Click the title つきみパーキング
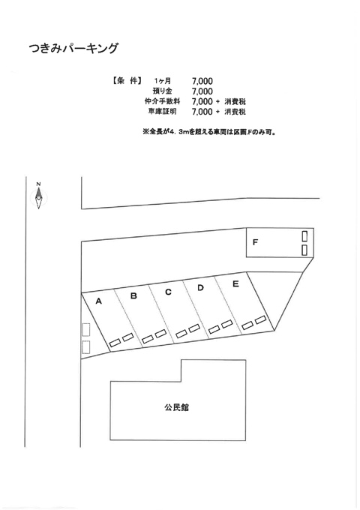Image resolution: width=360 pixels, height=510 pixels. pyautogui.click(x=73, y=48)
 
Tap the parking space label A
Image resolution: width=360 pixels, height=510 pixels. pyautogui.click(x=98, y=301)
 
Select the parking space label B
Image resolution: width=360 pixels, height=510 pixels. pyautogui.click(x=133, y=296)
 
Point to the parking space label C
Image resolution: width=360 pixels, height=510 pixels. pyautogui.click(x=168, y=292)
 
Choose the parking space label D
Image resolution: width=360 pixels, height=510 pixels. pyautogui.click(x=201, y=288)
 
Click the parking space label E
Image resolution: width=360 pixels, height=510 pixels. pyautogui.click(x=235, y=284)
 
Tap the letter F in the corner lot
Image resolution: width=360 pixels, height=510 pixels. pyautogui.click(x=255, y=242)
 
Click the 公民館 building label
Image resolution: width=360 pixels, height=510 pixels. pyautogui.click(x=176, y=407)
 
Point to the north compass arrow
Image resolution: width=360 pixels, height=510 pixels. pyautogui.click(x=39, y=196)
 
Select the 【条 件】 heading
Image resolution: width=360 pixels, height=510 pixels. pyautogui.click(x=126, y=81)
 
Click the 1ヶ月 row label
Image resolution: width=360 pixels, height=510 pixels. pyautogui.click(x=163, y=81)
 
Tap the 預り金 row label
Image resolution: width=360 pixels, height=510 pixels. pyautogui.click(x=162, y=91)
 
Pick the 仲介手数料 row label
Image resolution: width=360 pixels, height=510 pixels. pyautogui.click(x=162, y=101)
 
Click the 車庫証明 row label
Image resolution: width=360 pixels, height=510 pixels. pyautogui.click(x=162, y=112)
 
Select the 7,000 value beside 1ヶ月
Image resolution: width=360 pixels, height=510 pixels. pyautogui.click(x=202, y=81)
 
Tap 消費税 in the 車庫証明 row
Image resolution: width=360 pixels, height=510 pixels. pyautogui.click(x=235, y=112)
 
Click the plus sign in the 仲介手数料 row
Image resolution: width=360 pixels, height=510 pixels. pyautogui.click(x=218, y=102)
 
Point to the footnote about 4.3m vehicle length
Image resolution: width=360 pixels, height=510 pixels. pyautogui.click(x=209, y=133)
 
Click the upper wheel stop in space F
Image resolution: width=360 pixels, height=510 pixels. pyautogui.click(x=304, y=236)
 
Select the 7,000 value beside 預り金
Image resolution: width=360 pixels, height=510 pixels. pyautogui.click(x=202, y=91)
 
